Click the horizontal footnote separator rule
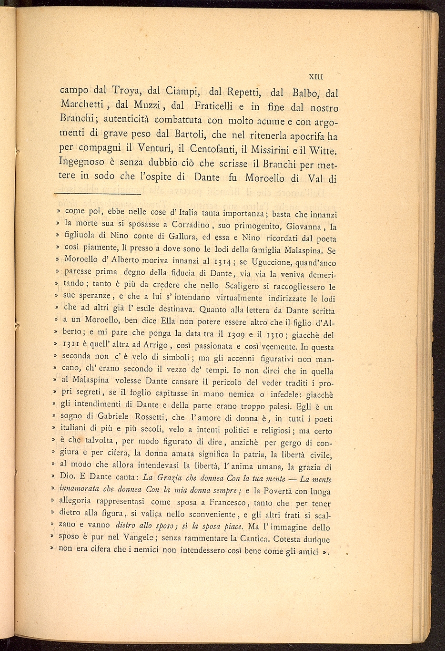point(98,194)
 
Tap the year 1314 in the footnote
point(224,262)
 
